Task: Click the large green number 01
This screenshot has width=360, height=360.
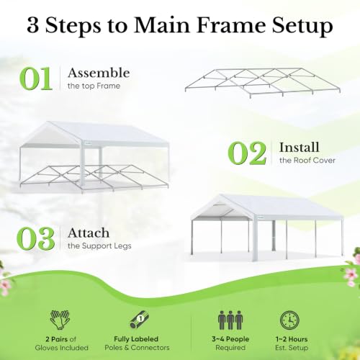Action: coord(36,78)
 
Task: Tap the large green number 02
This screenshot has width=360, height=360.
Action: coord(247,153)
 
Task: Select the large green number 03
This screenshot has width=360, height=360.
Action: coord(35,238)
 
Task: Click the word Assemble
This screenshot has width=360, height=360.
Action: coord(99,73)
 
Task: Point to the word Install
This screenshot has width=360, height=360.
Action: coord(300,147)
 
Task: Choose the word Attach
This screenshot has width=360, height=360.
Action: coord(89,233)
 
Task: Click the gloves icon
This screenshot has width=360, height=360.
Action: coord(60,320)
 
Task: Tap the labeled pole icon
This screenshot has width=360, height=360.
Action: coord(140,320)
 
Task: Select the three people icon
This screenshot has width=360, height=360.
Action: coord(230,320)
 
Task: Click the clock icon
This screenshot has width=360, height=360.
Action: coord(289,320)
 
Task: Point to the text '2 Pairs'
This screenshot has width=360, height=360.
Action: coord(54,339)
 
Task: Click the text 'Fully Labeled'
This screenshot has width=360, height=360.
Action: coord(136,339)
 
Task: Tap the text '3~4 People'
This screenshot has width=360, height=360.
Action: coord(230,339)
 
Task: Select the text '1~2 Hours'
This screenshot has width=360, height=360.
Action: coord(292,339)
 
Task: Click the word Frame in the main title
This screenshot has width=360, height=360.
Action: coord(231,25)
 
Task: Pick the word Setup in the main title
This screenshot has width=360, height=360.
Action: coord(302,27)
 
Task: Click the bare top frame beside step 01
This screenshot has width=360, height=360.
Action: coord(263,83)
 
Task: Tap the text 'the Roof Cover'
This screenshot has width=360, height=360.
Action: coord(307,161)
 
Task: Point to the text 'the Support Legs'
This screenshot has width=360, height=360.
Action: coord(99,246)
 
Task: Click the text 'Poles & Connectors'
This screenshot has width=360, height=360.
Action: coord(137,348)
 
